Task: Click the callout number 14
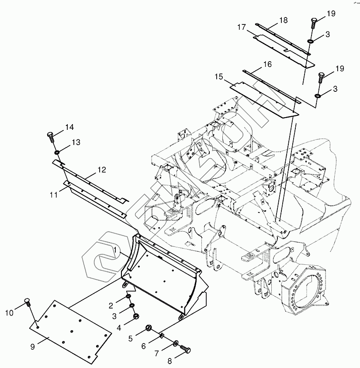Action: [69, 127]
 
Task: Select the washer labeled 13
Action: [57, 152]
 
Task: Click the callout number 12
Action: [101, 169]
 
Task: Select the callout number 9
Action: [32, 347]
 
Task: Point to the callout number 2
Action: [111, 305]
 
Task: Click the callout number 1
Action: [114, 250]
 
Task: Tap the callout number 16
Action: [267, 64]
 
